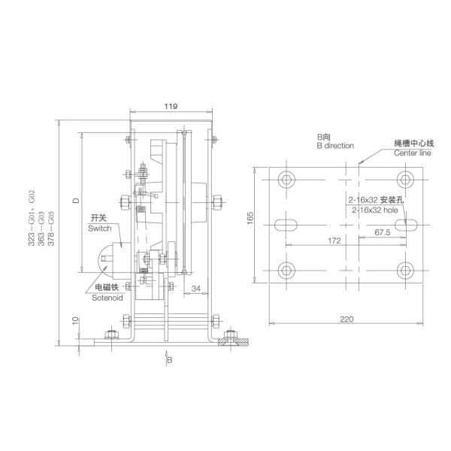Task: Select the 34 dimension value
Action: [x=195, y=287]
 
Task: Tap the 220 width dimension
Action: [x=347, y=319]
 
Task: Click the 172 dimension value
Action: [x=335, y=241]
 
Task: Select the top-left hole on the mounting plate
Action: [x=286, y=179]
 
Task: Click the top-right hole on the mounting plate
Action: [x=407, y=179]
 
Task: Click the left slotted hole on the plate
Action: [x=286, y=224]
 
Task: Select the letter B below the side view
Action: [x=171, y=361]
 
